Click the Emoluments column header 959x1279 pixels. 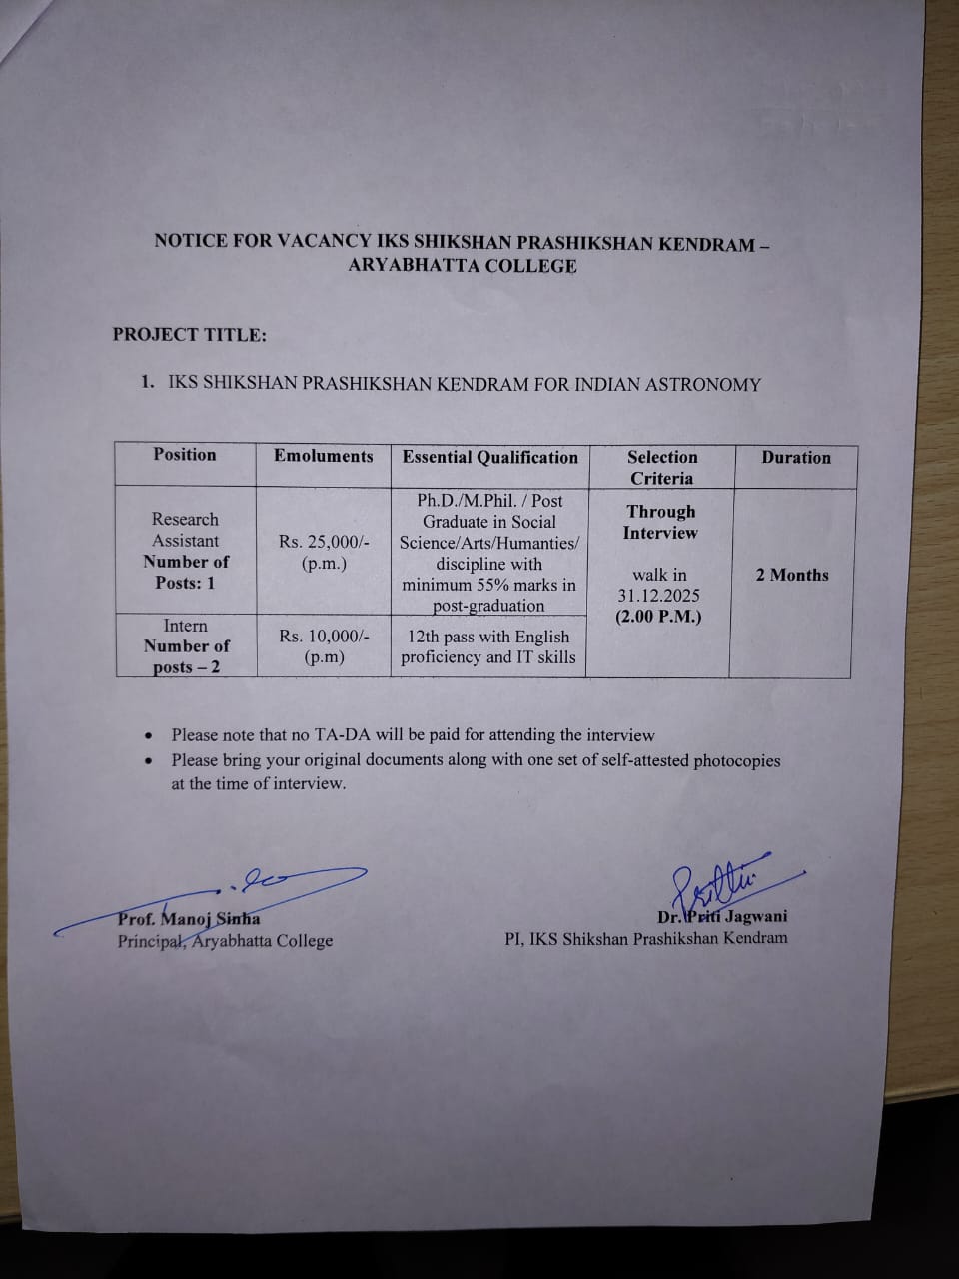(x=323, y=456)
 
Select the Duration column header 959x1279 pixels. (x=795, y=458)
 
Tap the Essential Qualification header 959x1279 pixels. (x=489, y=457)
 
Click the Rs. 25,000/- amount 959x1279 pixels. (x=324, y=542)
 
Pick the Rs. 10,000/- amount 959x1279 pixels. (x=324, y=636)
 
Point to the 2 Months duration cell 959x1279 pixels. (x=792, y=575)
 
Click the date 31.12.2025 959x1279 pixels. (x=659, y=596)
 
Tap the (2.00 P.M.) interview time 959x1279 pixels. (x=658, y=617)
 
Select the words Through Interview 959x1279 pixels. (x=659, y=522)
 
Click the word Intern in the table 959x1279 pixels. (x=185, y=626)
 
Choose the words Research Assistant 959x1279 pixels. (x=185, y=530)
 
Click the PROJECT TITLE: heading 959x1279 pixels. (x=190, y=335)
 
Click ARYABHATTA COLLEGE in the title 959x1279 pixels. (x=462, y=266)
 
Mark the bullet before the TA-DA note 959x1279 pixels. (x=149, y=736)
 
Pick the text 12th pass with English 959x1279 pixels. (x=488, y=637)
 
